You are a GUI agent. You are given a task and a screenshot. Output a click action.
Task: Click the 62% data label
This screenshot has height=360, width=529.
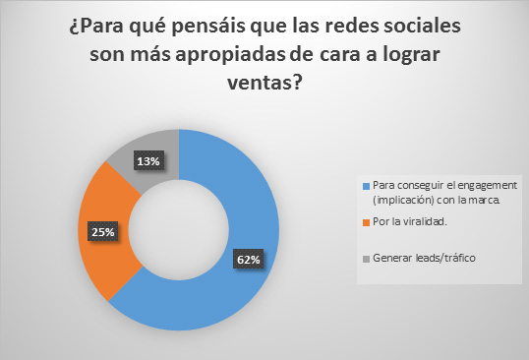249,260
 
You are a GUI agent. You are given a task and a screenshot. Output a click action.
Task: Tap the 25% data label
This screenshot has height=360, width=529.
103,231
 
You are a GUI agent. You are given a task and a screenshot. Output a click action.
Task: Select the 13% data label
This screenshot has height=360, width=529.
148,161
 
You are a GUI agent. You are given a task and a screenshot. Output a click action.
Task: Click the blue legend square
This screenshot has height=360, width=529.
366,186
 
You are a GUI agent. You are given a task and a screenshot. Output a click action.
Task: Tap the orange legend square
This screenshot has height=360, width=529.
366,222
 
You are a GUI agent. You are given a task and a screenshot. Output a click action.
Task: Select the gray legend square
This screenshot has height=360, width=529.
366,259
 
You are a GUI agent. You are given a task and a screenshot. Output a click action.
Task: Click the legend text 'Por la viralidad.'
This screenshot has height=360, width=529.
410,221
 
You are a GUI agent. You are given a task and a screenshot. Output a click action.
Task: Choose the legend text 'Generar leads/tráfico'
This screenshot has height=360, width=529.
424,258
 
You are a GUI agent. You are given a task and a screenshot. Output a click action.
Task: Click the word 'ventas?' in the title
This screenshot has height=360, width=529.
264,82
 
